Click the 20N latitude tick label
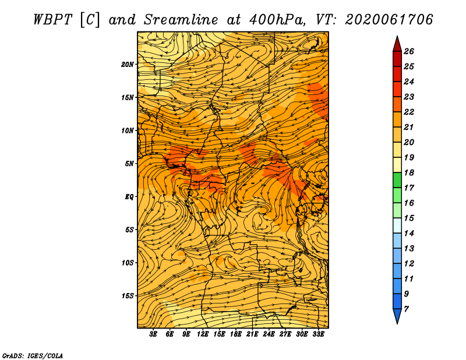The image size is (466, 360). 128,64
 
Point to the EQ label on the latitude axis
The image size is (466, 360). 129,196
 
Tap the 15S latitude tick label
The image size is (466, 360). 128,296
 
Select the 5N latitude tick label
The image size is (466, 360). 129,164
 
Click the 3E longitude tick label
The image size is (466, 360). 153,334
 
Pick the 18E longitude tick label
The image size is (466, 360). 236,334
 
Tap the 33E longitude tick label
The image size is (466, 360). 318,334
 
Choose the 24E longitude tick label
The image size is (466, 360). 269,334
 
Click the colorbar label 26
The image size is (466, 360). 409,51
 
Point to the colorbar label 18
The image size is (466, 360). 409,172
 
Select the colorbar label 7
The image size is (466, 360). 406,309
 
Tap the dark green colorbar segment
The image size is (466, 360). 397,180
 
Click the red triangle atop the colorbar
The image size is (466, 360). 397,44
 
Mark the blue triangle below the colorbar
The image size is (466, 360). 397,316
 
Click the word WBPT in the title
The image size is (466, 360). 52,20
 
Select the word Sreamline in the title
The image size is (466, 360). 181,20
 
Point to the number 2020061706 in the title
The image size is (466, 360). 389,20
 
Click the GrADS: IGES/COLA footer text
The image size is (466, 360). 33,356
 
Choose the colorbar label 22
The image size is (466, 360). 409,112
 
